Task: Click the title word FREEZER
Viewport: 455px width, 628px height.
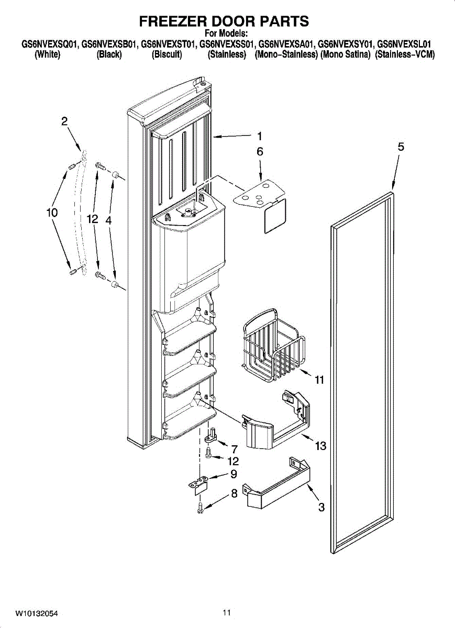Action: click(172, 21)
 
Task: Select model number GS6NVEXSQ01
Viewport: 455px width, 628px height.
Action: click(49, 45)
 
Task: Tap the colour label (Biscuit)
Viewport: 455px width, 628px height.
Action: click(167, 54)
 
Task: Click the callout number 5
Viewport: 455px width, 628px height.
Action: click(401, 147)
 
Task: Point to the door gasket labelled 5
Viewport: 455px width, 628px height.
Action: click(390, 366)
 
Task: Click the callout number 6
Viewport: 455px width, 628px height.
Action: click(259, 152)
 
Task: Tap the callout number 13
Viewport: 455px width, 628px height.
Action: click(320, 446)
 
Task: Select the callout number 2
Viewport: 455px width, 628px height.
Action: click(64, 121)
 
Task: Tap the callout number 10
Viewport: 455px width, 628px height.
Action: click(51, 213)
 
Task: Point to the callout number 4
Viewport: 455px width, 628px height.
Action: click(108, 221)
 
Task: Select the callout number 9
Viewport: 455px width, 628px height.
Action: click(234, 475)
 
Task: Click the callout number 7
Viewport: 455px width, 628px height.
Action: click(234, 448)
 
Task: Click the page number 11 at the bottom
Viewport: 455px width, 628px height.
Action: click(226, 612)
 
